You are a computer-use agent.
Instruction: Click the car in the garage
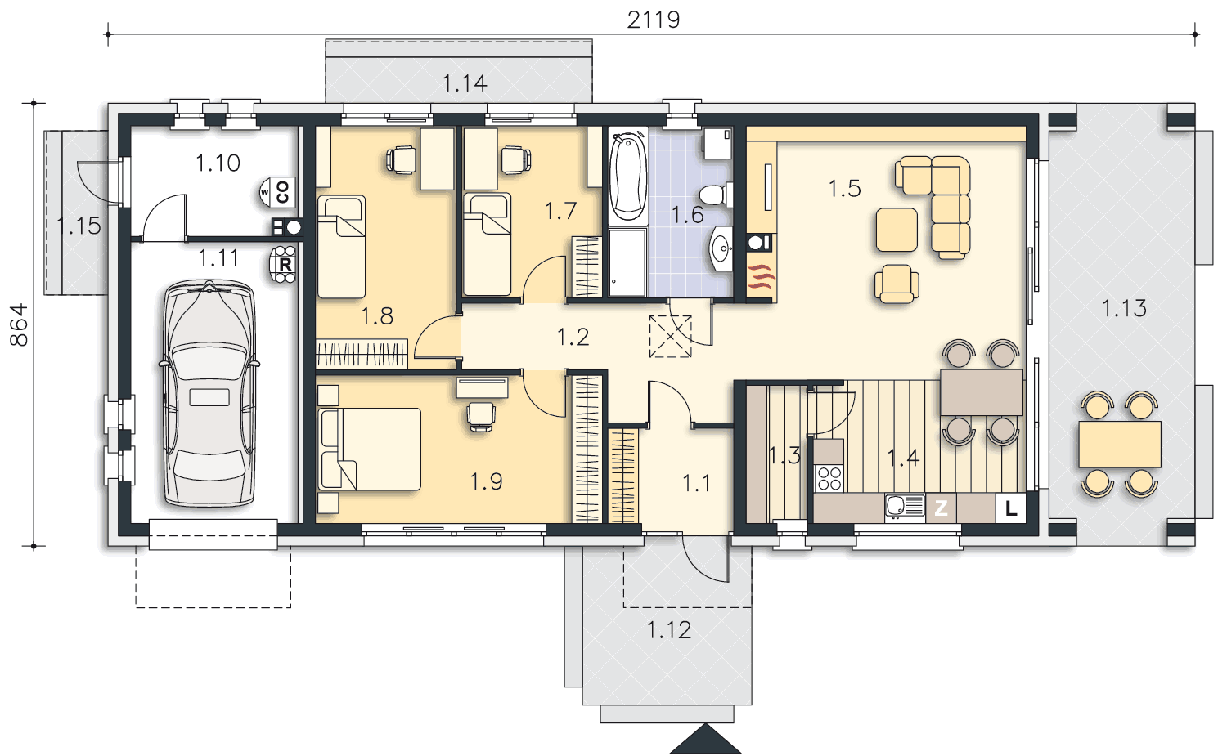(209, 393)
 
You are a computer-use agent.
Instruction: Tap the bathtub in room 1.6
(627, 175)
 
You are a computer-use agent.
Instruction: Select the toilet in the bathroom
(716, 195)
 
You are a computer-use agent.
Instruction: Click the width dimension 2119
(654, 20)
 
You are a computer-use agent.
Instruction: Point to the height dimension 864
(19, 324)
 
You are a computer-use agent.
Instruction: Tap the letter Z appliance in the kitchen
(941, 508)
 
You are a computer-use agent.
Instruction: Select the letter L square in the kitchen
(1010, 508)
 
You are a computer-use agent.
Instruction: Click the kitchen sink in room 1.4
(905, 507)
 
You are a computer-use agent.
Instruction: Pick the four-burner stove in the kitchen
(829, 478)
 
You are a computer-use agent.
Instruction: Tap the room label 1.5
(844, 188)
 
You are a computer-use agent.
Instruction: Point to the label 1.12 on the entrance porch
(669, 630)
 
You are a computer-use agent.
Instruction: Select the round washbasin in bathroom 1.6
(721, 249)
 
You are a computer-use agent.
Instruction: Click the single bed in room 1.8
(341, 247)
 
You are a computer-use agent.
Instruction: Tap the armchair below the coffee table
(897, 284)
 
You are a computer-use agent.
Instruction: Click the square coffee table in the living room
(897, 230)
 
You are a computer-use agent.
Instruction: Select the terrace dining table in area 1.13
(1120, 444)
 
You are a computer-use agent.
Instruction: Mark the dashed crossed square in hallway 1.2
(671, 337)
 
